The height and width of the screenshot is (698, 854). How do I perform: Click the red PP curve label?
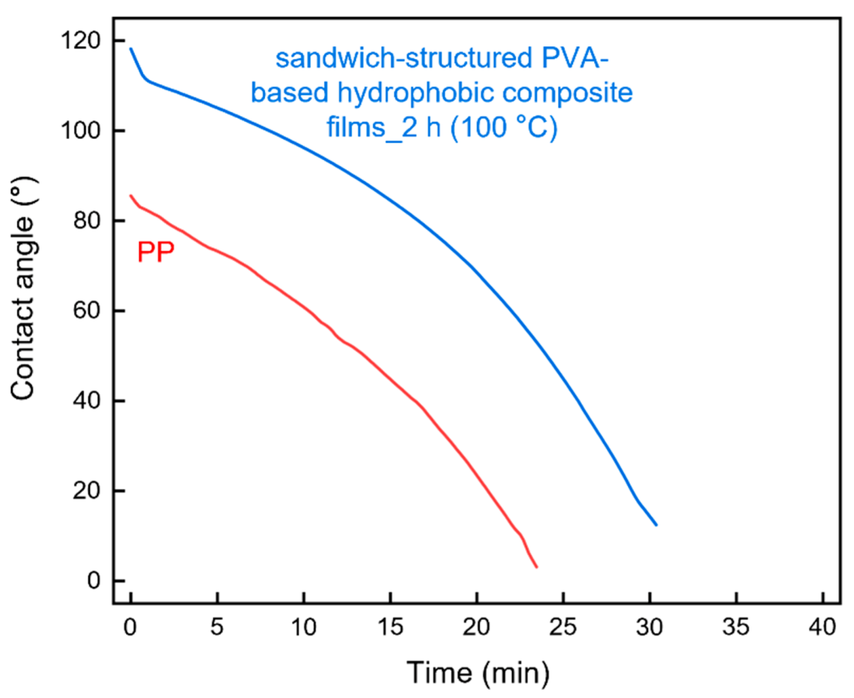[156, 252]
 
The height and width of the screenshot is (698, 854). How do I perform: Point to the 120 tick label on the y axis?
[80, 41]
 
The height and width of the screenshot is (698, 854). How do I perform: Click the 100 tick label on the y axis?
[80, 130]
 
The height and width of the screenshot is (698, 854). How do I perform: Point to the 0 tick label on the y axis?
[93, 581]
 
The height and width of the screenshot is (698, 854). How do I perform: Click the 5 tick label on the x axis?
[217, 627]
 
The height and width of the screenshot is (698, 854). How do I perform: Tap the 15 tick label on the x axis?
[390, 627]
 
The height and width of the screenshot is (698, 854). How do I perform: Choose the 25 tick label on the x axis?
[563, 627]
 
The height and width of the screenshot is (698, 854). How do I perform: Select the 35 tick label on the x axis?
[736, 627]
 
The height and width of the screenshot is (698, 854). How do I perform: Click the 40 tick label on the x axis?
[822, 627]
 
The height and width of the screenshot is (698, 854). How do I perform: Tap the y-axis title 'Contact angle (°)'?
[24, 289]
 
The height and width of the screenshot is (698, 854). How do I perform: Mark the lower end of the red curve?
[536, 566]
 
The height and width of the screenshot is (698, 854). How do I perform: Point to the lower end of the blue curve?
[656, 524]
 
